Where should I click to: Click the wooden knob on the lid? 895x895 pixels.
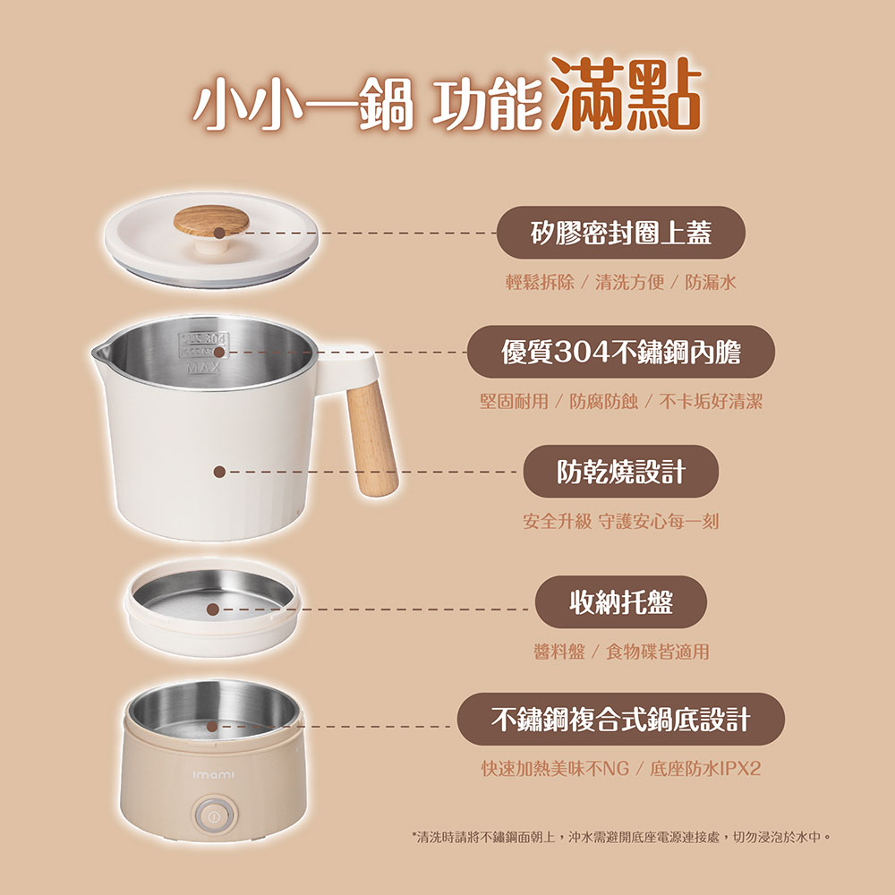pos(211,221)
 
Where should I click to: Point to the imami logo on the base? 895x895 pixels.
pos(214,775)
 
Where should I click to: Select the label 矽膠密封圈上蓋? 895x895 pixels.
pos(621,233)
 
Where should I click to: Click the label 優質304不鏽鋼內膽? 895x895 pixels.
pos(621,352)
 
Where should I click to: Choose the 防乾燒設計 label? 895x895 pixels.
pos(621,472)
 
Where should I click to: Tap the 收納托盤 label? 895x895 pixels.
pos(621,601)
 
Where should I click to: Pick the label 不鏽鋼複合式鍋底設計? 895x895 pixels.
pos(621,720)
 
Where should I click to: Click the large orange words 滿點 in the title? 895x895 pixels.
pos(626,94)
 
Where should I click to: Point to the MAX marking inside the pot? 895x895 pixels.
pos(204,368)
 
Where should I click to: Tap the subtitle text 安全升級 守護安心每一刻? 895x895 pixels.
pos(621,521)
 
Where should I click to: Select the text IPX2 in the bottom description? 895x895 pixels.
pos(741,768)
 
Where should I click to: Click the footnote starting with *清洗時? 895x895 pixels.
pos(621,837)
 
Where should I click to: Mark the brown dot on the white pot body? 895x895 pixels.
pos(219,472)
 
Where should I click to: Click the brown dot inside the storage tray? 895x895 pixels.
pos(213,609)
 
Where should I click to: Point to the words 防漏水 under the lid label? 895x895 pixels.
pos(711,282)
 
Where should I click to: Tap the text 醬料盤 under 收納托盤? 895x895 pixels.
pos(559,652)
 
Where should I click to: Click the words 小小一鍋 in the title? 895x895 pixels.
pos(303,105)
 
